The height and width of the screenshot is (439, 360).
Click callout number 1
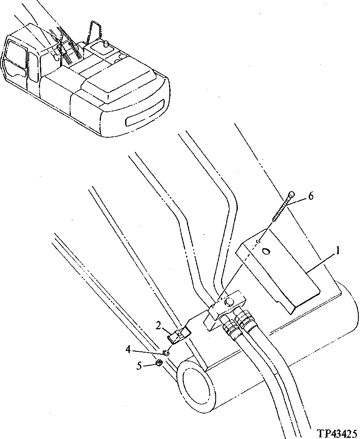[339, 252]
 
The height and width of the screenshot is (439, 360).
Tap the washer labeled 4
[166, 353]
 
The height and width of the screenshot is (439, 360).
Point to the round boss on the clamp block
[229, 302]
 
